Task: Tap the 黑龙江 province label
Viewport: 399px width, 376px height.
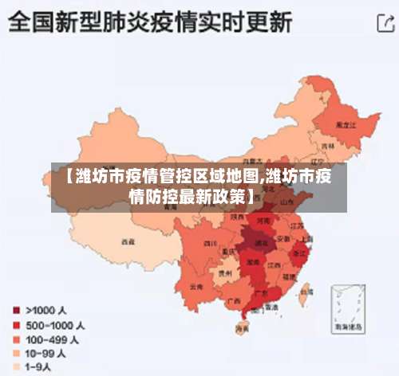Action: pos(344,125)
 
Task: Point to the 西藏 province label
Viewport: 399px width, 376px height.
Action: pos(128,240)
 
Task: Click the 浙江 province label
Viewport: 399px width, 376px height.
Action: pos(302,253)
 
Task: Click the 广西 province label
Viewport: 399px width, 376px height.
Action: pos(233,300)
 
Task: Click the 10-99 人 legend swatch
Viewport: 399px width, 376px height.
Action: pos(15,352)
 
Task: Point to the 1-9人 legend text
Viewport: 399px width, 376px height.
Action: pos(39,366)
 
